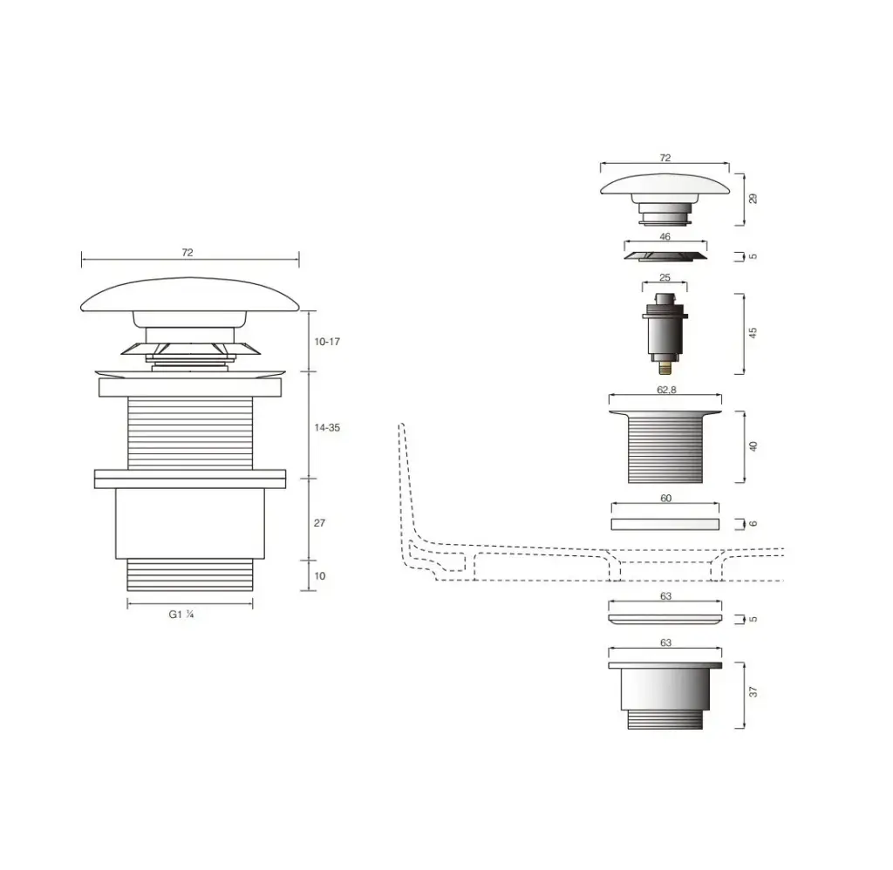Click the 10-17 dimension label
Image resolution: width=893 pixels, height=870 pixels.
(x=327, y=342)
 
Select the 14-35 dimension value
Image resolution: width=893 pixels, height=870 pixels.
(x=327, y=428)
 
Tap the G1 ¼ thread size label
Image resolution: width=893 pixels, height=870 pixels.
(x=181, y=615)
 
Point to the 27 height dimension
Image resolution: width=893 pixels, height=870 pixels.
(x=319, y=523)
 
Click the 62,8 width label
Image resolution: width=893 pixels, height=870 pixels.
(x=665, y=390)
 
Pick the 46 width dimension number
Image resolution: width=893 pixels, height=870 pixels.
(x=665, y=236)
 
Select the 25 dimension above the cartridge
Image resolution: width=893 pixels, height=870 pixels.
(x=665, y=278)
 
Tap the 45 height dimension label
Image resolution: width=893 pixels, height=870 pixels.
(x=753, y=332)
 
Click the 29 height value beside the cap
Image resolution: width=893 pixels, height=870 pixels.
(x=753, y=199)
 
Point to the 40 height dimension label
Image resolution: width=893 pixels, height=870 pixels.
(x=753, y=446)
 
